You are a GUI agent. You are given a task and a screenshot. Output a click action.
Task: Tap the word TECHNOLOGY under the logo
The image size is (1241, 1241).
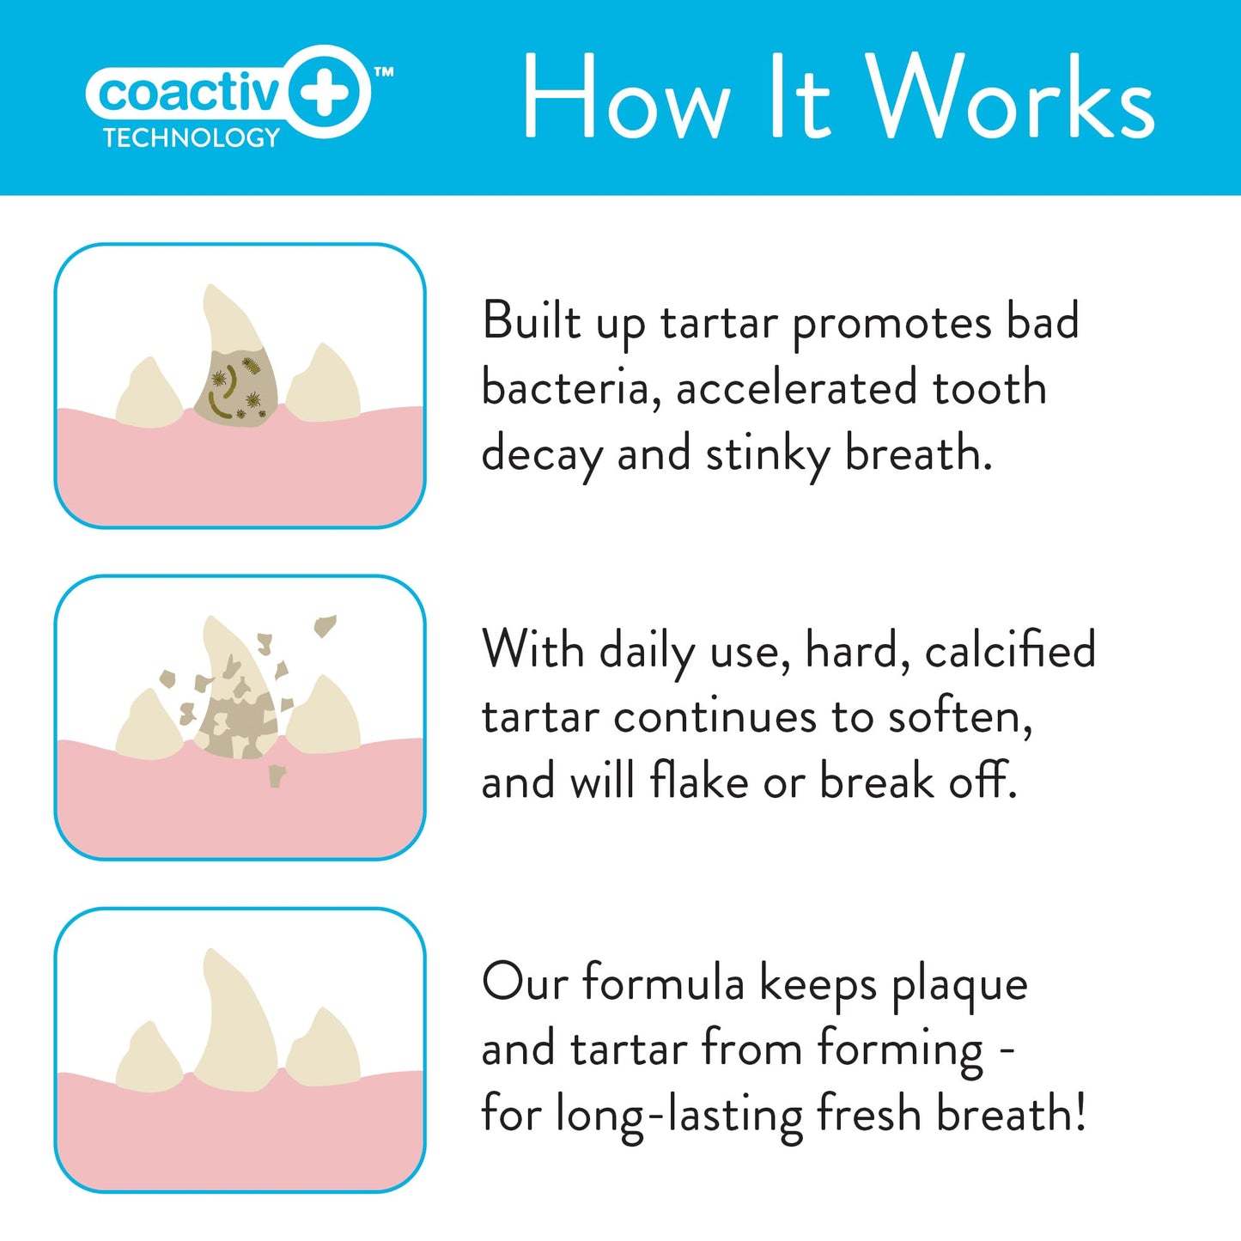point(192,138)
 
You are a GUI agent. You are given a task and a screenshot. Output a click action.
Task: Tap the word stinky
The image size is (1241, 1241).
point(767,455)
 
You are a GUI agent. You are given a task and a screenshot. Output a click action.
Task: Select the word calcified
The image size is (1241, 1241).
point(1010,650)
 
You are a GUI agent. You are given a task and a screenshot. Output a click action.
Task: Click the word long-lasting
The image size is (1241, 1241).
point(678,1116)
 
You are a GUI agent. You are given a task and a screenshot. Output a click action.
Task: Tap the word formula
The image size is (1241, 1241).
point(663,982)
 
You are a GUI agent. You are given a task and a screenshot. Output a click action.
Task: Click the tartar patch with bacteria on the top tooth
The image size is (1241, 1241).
point(236,389)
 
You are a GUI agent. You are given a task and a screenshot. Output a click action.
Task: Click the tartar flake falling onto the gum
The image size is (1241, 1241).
point(277,776)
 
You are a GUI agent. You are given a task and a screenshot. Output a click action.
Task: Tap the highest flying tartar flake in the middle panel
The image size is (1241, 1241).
point(325,624)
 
